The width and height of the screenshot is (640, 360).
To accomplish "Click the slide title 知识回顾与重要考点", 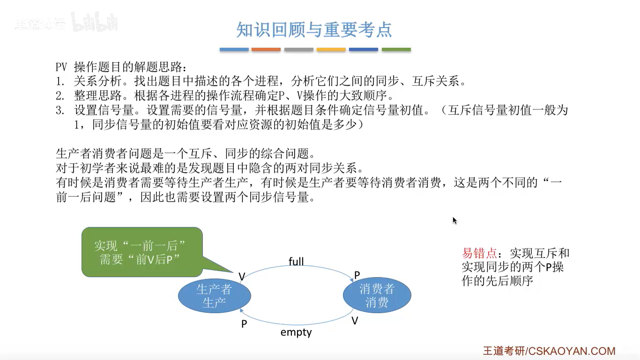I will tap(314, 30).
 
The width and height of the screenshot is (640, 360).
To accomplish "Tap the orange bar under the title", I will tap(266, 49).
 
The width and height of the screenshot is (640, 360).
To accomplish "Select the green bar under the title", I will tap(396, 49).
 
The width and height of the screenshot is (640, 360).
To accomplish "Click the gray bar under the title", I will tap(298, 49).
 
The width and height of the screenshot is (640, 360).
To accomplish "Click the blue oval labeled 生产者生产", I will tap(214, 296).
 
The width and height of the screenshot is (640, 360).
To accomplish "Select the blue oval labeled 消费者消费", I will tap(377, 296).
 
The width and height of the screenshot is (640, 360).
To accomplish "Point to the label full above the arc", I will tap(296, 262).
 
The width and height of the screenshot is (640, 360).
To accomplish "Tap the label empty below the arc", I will tap(296, 332).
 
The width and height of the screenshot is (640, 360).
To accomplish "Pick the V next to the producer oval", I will tap(242, 277).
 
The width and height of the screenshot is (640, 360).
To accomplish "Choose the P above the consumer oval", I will tap(357, 275).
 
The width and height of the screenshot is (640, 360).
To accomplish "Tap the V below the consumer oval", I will tap(355, 321).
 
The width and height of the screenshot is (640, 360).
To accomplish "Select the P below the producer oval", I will tap(244, 324).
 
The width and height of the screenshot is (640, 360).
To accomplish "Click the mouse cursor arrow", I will tap(454, 220).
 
